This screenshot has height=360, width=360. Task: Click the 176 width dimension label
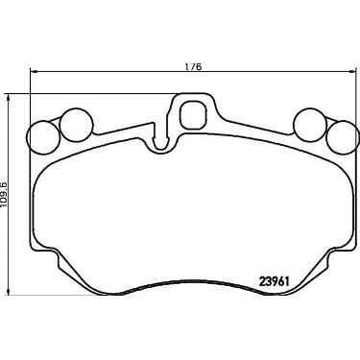pyautogui.click(x=194, y=67)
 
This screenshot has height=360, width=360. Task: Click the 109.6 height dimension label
pyautogui.click(x=4, y=194)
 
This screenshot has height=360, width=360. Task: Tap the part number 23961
pyautogui.click(x=274, y=281)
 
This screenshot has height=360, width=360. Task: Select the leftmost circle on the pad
pyautogui.click(x=44, y=137)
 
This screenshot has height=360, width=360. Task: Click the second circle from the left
pyautogui.click(x=77, y=124)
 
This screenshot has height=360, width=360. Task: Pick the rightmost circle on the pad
pyautogui.click(x=342, y=136)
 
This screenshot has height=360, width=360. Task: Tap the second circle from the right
pyautogui.click(x=310, y=124)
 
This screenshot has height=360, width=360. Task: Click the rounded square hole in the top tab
pyautogui.click(x=192, y=114)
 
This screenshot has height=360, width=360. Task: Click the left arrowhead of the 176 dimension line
pyautogui.click(x=32, y=71)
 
